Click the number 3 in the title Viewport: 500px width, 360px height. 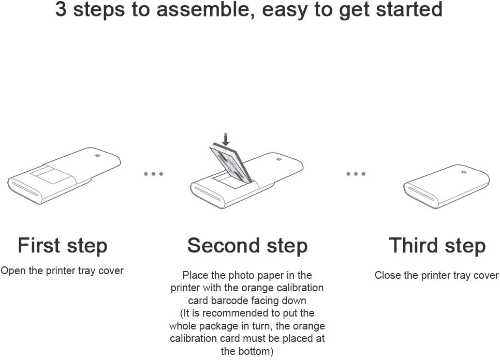coord(61,10)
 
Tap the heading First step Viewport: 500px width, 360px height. coord(63,245)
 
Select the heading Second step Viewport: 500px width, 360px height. coord(247,245)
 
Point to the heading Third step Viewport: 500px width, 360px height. coord(437,245)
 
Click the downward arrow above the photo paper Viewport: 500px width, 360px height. coord(225,139)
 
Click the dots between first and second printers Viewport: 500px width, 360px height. coord(154,174)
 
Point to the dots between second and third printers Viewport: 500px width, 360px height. coord(356,174)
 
